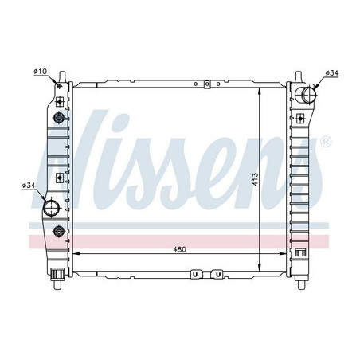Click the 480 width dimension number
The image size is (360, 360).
coord(180,249)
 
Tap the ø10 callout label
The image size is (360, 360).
coord(39,72)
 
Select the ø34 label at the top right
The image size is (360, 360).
coord(332,73)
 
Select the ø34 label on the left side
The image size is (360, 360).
coord(30,186)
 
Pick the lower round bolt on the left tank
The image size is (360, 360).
coord(59,231)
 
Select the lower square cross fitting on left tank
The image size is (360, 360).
coord(60,177)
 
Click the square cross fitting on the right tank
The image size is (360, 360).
coord(301,254)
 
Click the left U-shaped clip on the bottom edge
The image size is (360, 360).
coord(194,276)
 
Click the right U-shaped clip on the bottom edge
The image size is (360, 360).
coord(217,276)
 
